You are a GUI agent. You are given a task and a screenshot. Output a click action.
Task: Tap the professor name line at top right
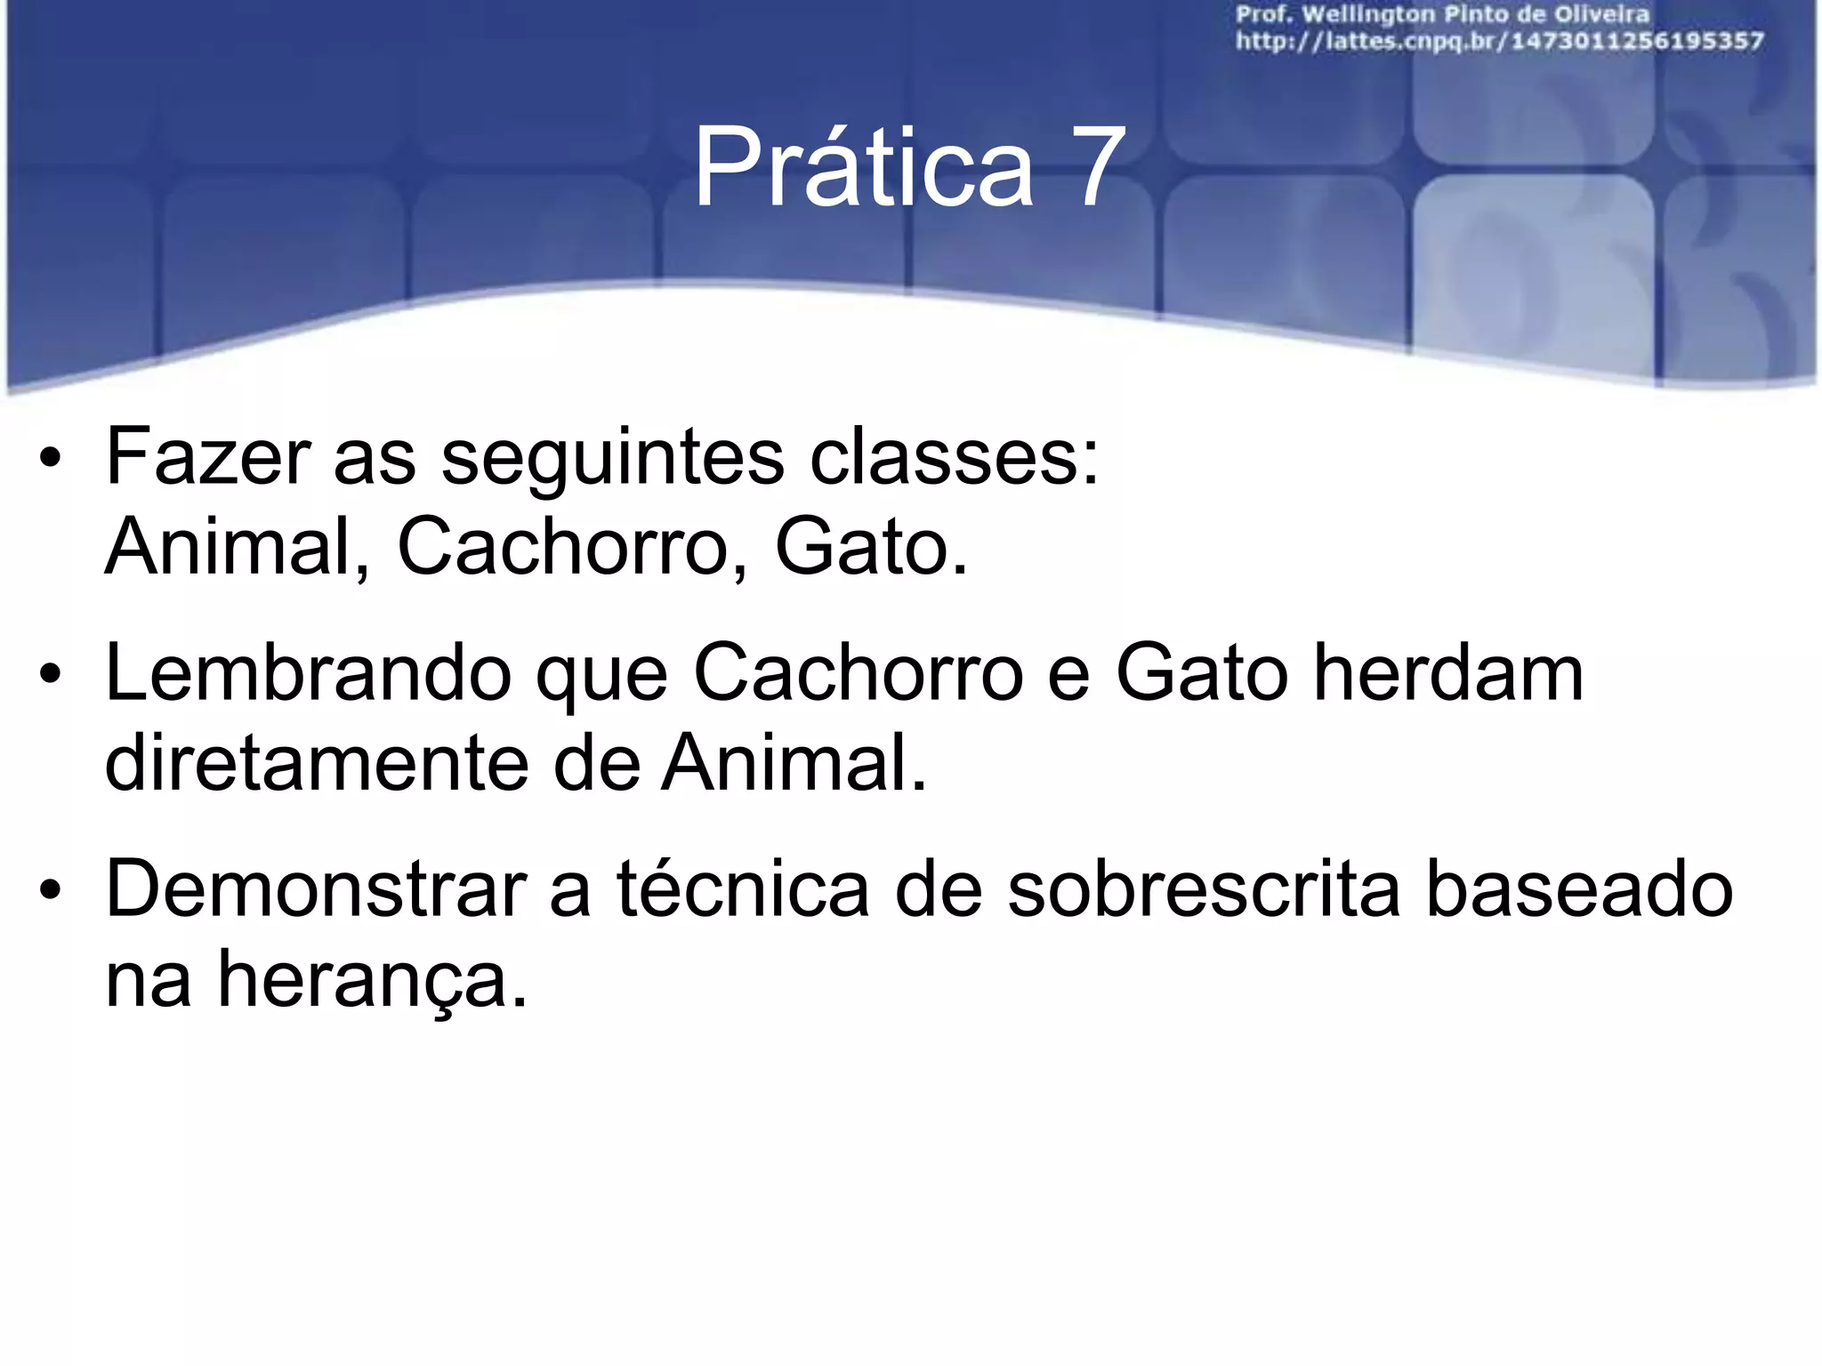click(1442, 15)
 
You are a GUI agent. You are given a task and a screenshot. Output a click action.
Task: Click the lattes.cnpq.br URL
click(1499, 42)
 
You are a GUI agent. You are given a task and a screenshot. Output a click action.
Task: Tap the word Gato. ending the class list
click(871, 547)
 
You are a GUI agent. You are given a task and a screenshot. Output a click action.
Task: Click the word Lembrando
click(308, 674)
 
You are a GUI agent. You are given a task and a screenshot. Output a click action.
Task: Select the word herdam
click(1448, 674)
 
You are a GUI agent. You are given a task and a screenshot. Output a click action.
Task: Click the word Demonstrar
click(316, 889)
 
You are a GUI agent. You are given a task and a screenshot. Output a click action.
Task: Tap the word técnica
click(742, 889)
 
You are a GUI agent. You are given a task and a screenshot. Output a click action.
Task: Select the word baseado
click(1579, 889)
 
